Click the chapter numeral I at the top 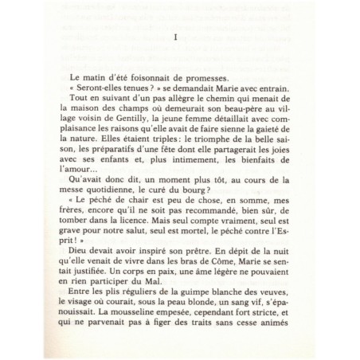(174, 37)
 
